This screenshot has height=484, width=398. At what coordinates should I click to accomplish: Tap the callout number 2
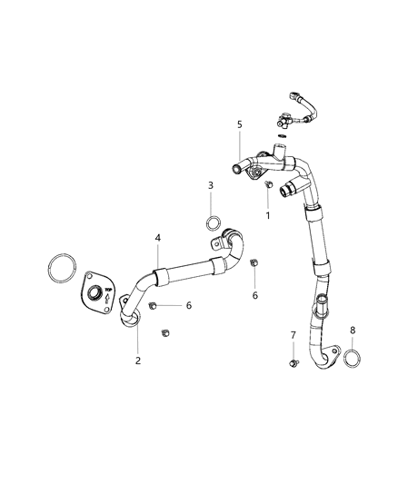tap(138, 361)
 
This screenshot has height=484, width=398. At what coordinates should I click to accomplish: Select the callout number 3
tap(211, 185)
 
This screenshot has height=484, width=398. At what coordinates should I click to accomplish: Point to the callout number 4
tap(158, 238)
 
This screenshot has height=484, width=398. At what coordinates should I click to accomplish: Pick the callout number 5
tap(241, 123)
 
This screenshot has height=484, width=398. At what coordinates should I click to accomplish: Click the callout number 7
tap(294, 335)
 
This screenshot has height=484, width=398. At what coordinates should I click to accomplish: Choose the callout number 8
tap(353, 331)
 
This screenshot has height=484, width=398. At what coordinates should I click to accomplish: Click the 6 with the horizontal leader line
tap(189, 306)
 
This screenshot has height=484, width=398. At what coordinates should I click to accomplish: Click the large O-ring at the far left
tap(61, 270)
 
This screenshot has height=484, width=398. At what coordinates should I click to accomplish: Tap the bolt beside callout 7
tap(294, 363)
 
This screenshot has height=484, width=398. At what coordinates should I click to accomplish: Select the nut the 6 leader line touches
tap(154, 305)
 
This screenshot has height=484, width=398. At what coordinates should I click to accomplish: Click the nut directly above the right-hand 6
tap(254, 264)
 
